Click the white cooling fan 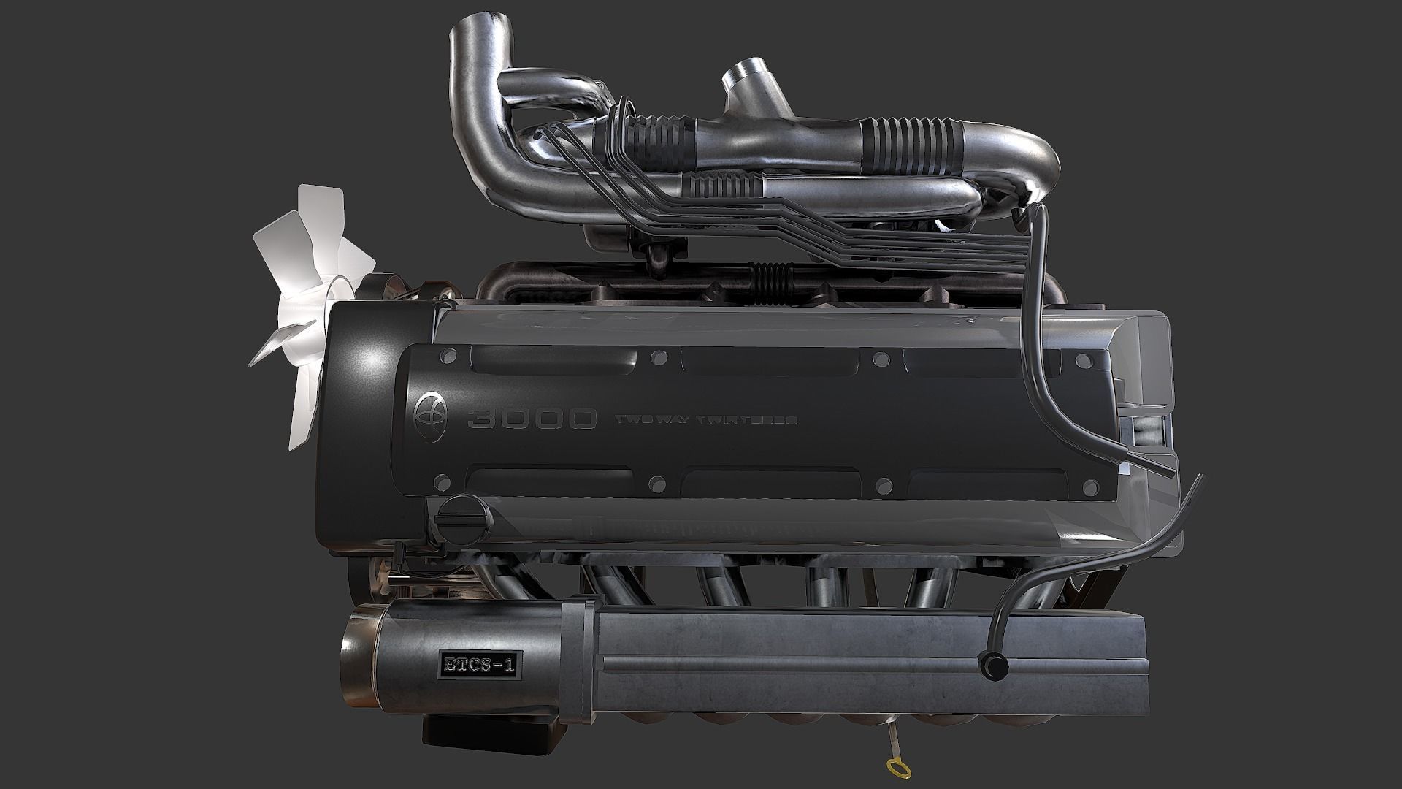(x=307, y=314)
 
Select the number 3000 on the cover (x=531, y=419)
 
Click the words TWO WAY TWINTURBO (x=706, y=420)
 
